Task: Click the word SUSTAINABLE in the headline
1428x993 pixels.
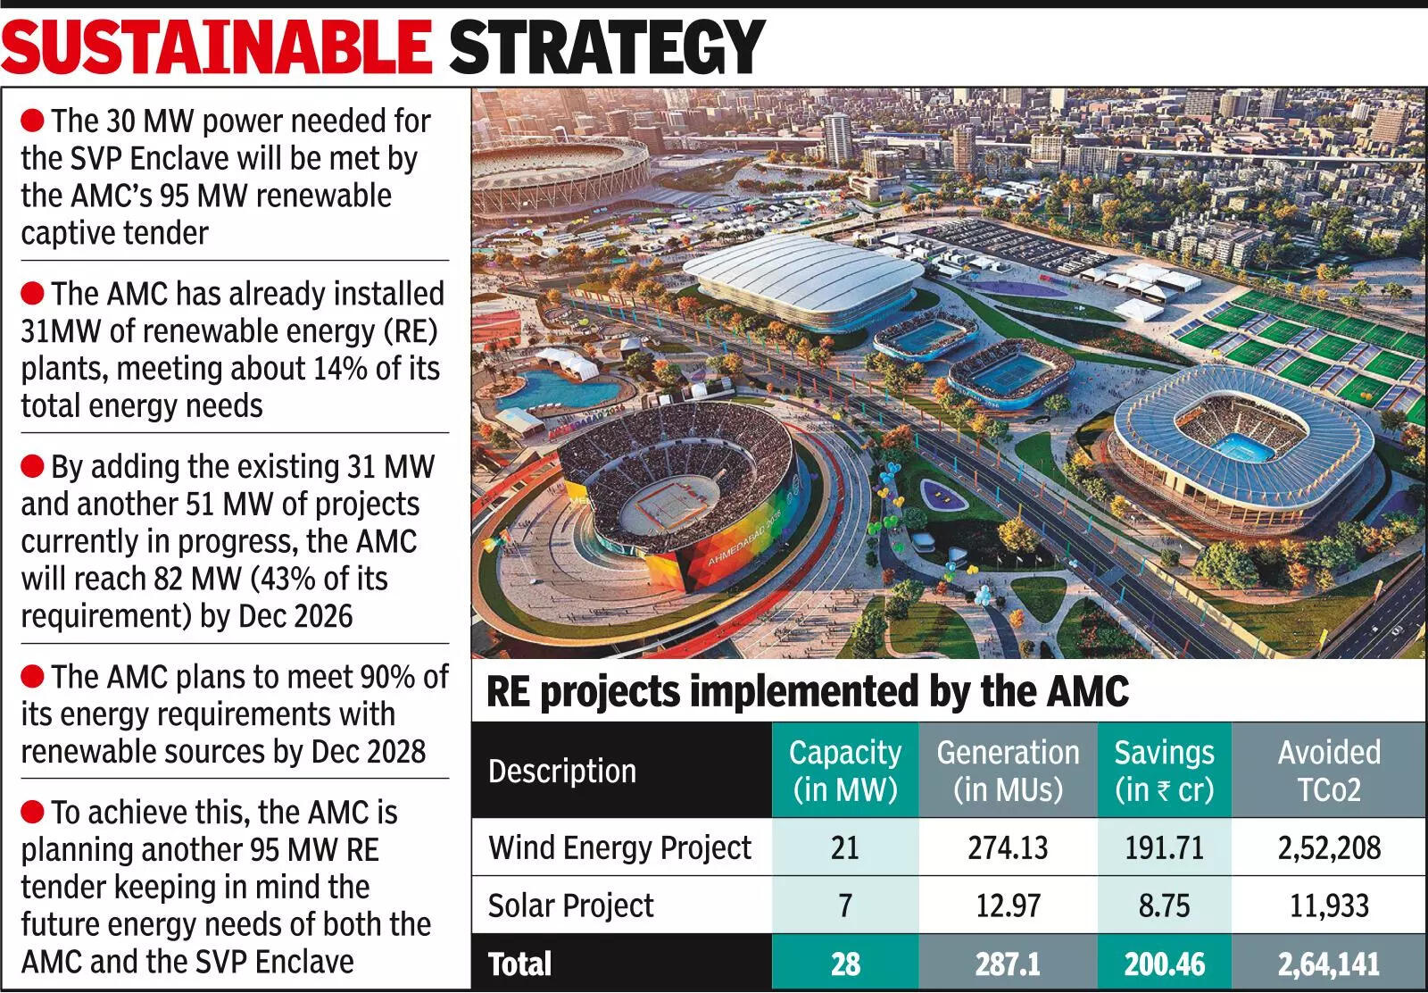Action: click(216, 47)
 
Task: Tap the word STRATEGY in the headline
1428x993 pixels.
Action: click(607, 47)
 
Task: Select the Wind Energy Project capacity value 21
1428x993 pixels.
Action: click(844, 847)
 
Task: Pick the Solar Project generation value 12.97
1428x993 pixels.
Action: click(1008, 905)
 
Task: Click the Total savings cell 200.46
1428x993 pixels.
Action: click(1164, 964)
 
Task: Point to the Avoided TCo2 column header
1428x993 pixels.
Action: click(1328, 771)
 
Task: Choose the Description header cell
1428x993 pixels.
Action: click(562, 771)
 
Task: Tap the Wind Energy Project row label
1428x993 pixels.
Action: click(619, 847)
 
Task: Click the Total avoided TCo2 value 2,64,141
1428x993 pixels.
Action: click(1328, 964)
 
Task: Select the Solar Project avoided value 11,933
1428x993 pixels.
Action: click(1328, 905)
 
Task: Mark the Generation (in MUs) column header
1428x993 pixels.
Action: click(1008, 771)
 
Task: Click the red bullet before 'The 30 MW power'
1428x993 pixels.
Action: click(32, 120)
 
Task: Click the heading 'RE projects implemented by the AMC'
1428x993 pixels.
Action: click(808, 691)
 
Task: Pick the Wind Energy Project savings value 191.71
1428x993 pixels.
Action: click(1164, 847)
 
